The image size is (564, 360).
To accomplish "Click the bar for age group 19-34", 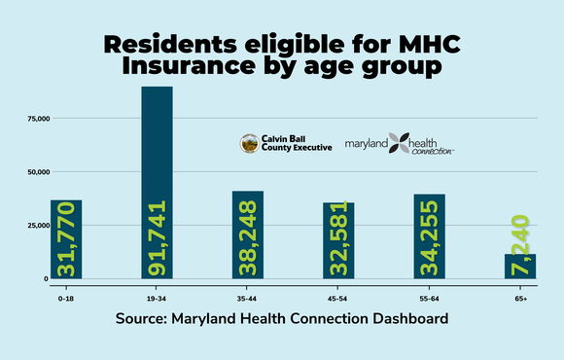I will [x=157, y=183].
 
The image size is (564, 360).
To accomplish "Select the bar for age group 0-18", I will [x=66, y=239].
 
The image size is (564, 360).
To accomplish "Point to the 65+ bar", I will [x=520, y=266].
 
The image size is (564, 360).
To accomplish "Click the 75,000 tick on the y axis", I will [x=38, y=119].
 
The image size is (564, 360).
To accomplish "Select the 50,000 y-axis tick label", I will [x=38, y=172].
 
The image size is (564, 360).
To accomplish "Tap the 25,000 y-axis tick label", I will [x=38, y=225].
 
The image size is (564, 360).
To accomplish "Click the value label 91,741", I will [x=158, y=237].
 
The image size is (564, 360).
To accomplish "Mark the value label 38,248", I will [x=249, y=238].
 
